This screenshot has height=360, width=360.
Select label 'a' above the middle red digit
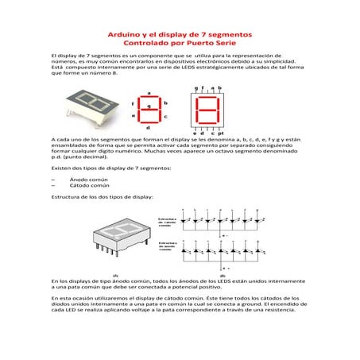click(148, 92)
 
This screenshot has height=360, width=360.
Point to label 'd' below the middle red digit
click(148, 128)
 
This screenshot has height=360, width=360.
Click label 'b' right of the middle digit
click(165, 103)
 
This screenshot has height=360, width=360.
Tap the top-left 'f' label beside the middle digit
click(133, 103)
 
